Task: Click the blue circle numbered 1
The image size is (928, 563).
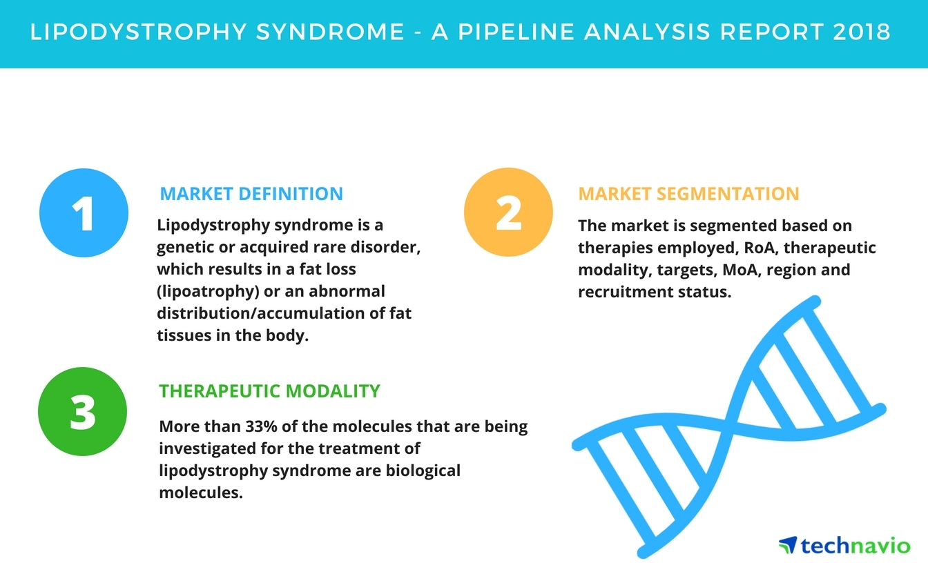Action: tap(84, 213)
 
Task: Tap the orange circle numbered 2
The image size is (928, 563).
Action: tap(508, 213)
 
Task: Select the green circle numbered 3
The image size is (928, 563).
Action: tap(84, 412)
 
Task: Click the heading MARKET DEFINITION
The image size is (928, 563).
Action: tap(251, 194)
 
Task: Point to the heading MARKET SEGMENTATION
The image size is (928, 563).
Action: tap(688, 194)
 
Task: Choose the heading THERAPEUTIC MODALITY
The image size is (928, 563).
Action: tap(269, 391)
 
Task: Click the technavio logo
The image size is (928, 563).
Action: tap(844, 545)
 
